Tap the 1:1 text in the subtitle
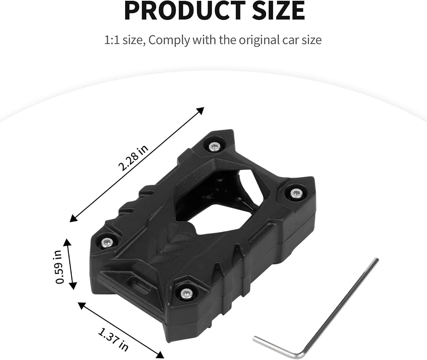coord(112,40)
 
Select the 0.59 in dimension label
coord(59,267)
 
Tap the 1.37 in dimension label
coord(113,340)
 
